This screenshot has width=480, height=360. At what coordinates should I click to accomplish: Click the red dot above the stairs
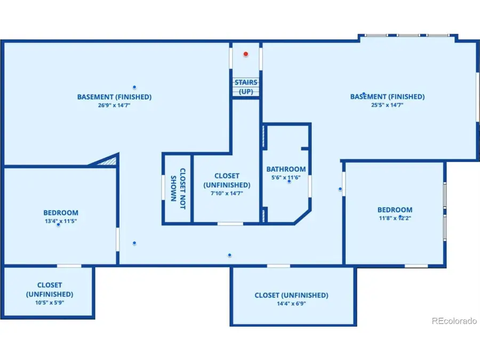[x=246, y=54]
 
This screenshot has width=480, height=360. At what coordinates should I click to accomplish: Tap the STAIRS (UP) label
[x=246, y=87]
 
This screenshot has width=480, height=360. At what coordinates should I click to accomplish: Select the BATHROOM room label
[x=286, y=169]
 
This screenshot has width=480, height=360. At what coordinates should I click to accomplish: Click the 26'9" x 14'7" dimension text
[x=114, y=106]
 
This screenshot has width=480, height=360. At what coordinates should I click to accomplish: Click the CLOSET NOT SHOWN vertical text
[x=178, y=188]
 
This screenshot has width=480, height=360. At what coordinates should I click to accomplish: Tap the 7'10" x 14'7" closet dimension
[x=227, y=194]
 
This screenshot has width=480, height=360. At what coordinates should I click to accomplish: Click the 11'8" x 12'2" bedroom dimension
[x=394, y=218]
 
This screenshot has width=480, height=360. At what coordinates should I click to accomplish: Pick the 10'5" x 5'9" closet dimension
[x=49, y=302]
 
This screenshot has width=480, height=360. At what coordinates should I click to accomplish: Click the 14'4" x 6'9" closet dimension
[x=291, y=304]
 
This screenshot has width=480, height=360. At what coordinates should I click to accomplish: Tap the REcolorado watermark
[x=454, y=321]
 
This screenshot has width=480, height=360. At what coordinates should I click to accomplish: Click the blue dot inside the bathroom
[x=289, y=181]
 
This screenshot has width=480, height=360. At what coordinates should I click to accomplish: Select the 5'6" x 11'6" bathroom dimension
[x=286, y=178]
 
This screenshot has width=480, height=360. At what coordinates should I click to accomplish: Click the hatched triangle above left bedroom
[x=106, y=160]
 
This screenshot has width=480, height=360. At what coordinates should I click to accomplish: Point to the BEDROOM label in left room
[x=61, y=212]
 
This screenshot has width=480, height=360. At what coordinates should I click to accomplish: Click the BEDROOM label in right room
[x=395, y=210]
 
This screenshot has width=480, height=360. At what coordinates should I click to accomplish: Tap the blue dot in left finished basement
[x=134, y=87]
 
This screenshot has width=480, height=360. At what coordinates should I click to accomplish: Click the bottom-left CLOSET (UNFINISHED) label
[x=49, y=290]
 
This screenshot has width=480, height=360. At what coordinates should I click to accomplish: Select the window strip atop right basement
[x=407, y=36]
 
